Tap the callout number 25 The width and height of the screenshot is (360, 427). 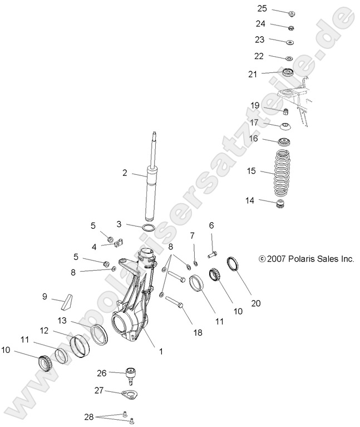(262, 8)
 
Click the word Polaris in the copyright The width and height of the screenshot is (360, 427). (300, 259)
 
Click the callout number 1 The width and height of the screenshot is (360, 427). (161, 351)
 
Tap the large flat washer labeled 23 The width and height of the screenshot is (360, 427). (290, 42)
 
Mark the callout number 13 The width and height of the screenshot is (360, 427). (62, 320)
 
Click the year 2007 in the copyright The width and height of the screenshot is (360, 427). (275, 259)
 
